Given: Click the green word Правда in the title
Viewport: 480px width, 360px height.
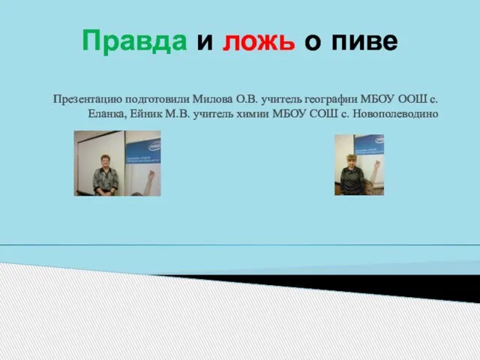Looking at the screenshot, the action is tap(134, 41).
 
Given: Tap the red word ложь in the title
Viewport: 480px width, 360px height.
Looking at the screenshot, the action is tap(259, 41).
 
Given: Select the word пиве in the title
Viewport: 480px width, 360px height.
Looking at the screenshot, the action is tap(364, 41).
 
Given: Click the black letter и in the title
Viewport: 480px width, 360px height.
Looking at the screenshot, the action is tap(205, 42).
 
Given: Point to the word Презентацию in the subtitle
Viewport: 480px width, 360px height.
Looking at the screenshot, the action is tap(88, 100).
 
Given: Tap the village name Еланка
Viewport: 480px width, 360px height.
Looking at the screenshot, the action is tap(107, 114).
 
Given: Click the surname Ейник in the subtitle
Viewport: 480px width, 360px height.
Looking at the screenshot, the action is tap(146, 113).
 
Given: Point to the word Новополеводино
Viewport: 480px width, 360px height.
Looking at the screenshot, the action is tap(395, 114).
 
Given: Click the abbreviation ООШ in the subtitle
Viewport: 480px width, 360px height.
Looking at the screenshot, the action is tap(412, 99).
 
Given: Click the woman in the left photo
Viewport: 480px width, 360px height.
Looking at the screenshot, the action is tap(105, 175).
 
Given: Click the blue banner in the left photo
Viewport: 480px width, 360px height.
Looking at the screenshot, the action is tap(143, 151).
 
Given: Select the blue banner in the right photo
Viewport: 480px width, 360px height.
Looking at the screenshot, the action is tap(369, 145).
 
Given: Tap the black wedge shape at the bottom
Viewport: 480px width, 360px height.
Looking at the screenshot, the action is tap(367, 285).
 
